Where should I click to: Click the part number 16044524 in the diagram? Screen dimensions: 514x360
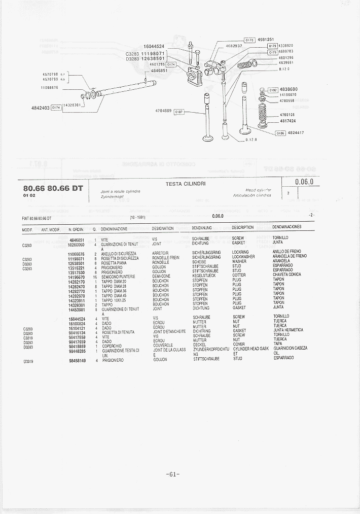click(154, 46)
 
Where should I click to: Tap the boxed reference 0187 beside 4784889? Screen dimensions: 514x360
click(179, 112)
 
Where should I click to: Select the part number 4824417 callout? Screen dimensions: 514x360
click(296, 133)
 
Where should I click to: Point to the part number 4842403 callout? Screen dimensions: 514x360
click(41, 108)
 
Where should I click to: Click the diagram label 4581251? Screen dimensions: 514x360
click(266, 40)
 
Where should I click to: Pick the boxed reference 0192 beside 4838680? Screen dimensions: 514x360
click(273, 89)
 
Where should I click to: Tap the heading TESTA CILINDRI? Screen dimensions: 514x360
click(186, 184)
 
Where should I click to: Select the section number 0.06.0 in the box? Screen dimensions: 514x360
click(304, 182)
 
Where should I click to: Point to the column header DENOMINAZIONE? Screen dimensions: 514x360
click(114, 229)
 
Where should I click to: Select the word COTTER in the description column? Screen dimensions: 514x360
click(239, 276)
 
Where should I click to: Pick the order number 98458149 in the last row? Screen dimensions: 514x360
click(77, 361)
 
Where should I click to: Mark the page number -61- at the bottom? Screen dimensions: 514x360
click(173, 474)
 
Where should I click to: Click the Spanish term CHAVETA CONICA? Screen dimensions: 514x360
click(286, 275)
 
